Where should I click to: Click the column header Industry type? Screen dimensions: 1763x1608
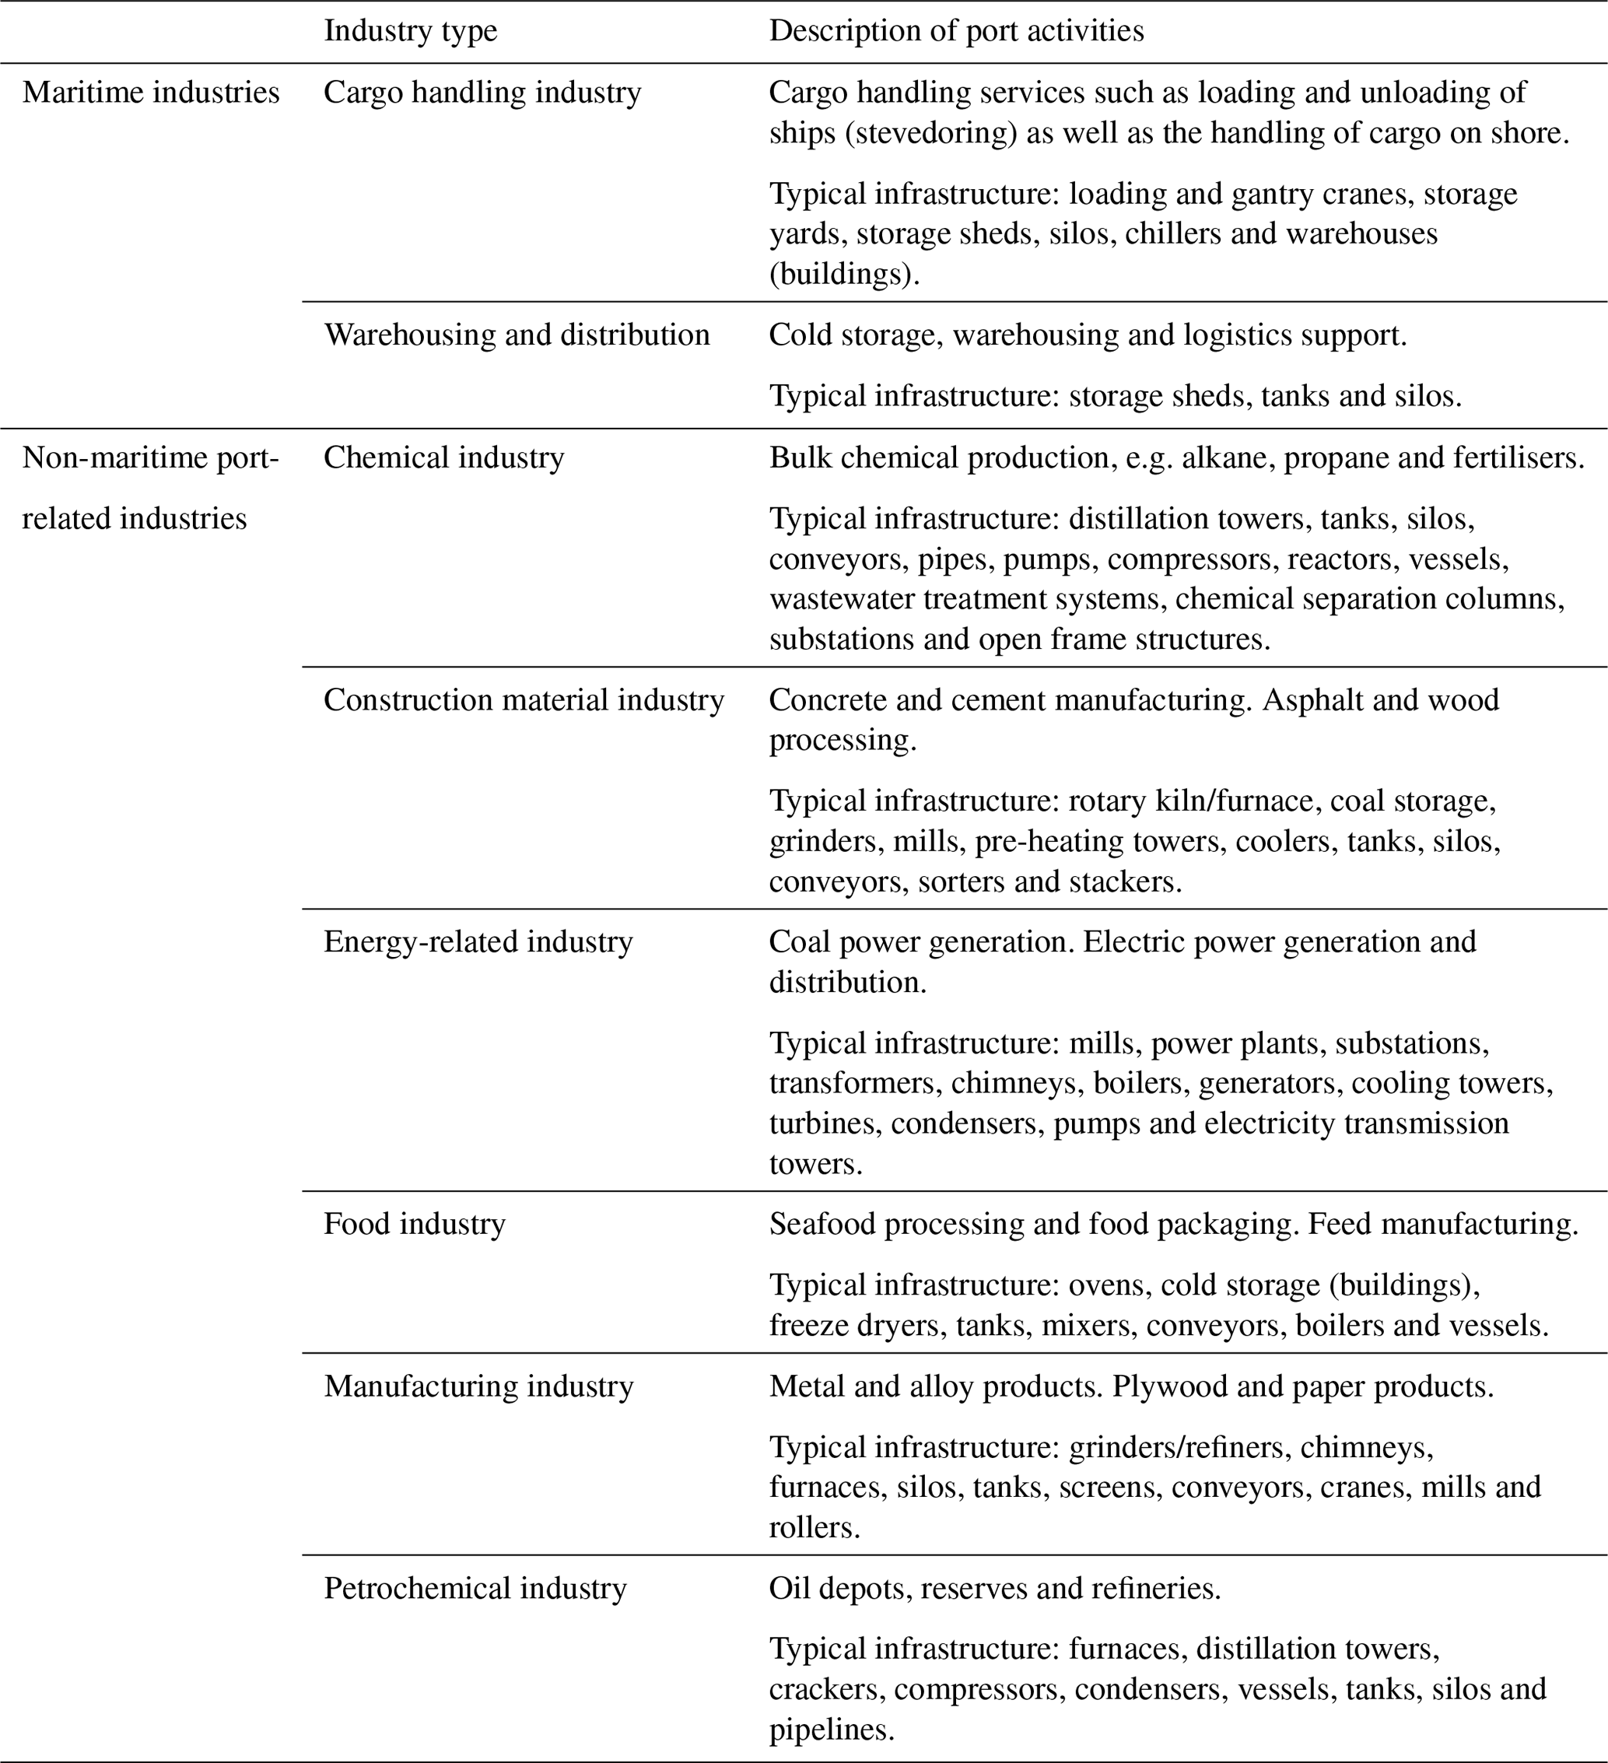(410, 31)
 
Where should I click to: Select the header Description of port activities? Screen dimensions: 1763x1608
(956, 31)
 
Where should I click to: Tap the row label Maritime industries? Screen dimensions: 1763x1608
(150, 93)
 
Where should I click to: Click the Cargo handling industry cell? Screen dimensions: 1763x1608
(482, 93)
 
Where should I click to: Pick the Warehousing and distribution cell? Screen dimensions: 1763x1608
(516, 335)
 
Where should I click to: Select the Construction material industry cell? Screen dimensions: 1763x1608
(523, 699)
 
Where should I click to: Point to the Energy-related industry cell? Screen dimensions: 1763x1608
(478, 942)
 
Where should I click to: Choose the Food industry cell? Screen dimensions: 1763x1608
(415, 1223)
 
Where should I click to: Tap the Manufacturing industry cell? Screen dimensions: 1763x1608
(478, 1386)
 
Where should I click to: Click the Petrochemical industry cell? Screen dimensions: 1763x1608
(475, 1588)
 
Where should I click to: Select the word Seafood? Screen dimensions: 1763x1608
(822, 1223)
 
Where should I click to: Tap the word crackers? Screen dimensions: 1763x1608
(823, 1688)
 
